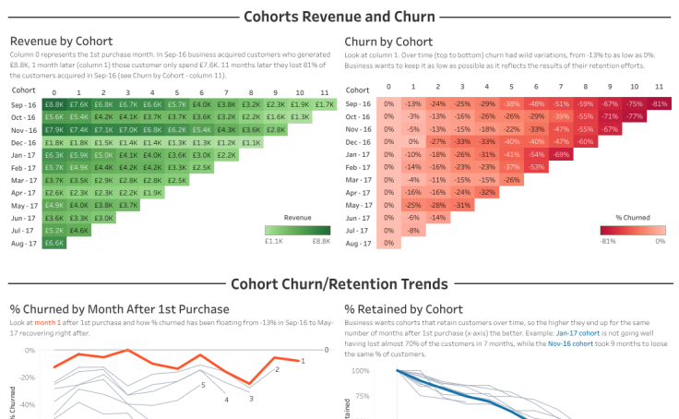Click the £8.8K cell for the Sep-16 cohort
tap(54, 105)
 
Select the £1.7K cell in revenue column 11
tap(324, 105)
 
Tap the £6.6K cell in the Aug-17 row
tap(54, 243)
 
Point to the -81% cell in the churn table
tap(658, 104)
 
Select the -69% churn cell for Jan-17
tap(560, 154)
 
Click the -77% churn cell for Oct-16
tap(634, 117)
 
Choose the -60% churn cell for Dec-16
tap(585, 142)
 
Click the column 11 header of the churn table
tap(658, 86)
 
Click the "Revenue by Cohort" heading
tap(61, 42)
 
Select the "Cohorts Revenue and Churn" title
tap(339, 16)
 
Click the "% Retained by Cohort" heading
tap(403, 308)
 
